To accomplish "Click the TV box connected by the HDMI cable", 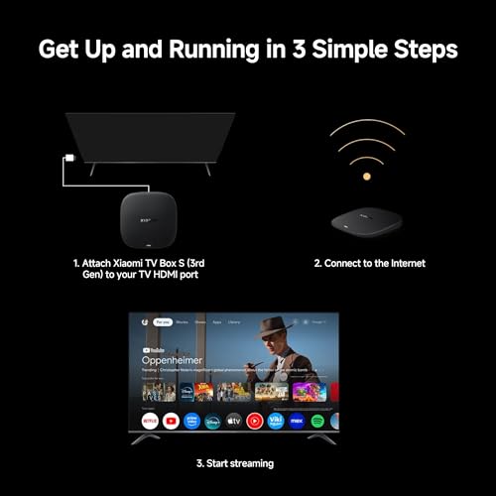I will point(148,213).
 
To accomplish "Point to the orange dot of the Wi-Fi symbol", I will point(366,176).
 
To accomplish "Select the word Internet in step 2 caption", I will point(402,264).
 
